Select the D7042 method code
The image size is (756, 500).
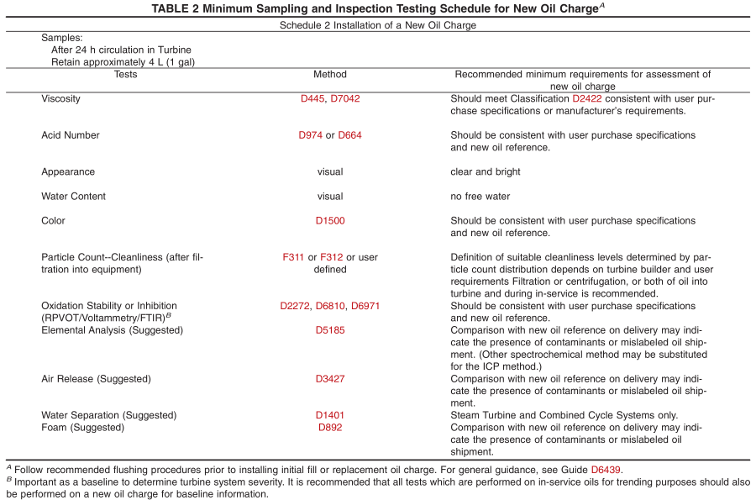pos(345,98)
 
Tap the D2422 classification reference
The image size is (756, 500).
pos(588,98)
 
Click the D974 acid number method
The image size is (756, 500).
pos(310,135)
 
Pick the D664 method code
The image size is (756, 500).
pos(349,135)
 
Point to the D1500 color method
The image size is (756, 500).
pos(329,221)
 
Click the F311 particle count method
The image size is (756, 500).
pos(295,257)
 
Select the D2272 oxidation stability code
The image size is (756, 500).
pos(296,306)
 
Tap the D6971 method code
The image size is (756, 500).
pos(365,306)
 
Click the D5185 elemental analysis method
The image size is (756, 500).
pos(329,330)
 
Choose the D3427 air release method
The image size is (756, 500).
pos(329,379)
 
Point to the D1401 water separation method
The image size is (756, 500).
pos(329,415)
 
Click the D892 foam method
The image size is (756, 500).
pos(329,428)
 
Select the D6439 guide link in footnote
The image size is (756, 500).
pos(606,469)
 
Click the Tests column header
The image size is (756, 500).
pos(125,75)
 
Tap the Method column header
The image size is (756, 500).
pos(329,75)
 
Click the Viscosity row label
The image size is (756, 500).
pos(61,98)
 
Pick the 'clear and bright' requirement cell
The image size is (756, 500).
pos(486,172)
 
